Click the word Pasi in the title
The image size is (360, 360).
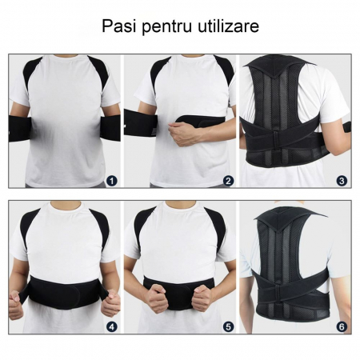[119, 26]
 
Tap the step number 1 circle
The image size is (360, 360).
[111, 181]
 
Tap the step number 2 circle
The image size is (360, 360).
[228, 181]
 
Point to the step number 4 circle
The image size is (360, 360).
[111, 326]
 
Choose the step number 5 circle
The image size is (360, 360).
[228, 326]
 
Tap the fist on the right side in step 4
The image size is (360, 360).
[110, 303]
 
